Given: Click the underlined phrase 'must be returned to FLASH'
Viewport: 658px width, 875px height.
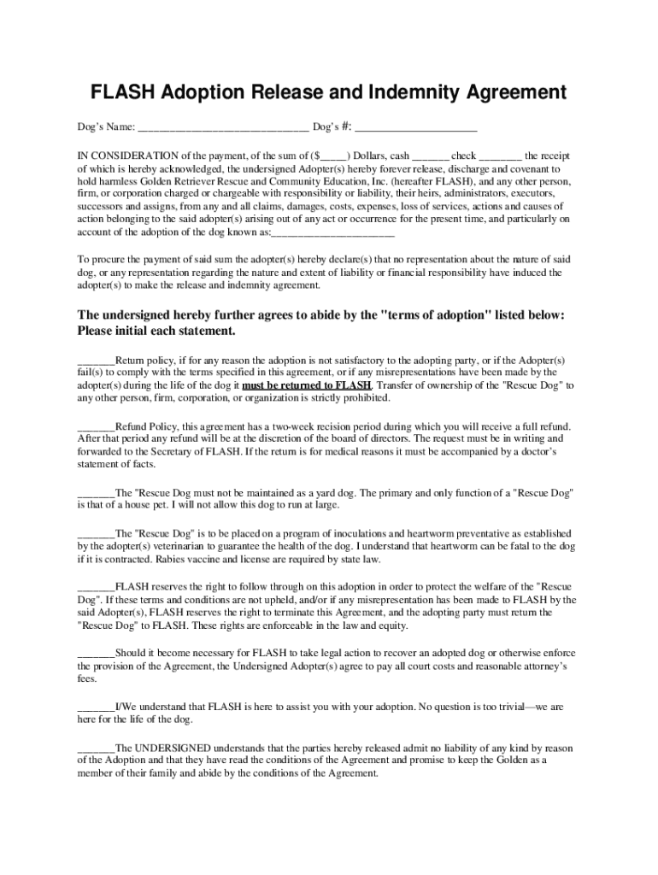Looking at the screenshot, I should pos(307,385).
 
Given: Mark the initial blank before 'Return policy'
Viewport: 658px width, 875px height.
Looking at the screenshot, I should pos(96,360).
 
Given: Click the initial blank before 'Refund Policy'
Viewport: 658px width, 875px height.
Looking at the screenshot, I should pos(96,426).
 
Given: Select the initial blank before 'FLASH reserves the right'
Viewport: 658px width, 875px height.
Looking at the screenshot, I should pos(96,587).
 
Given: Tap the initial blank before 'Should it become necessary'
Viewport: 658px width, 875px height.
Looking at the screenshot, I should pos(96,653).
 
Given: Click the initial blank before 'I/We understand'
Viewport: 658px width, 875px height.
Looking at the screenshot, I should pos(96,708).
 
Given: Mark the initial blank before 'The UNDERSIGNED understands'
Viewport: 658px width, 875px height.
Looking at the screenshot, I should pos(96,748).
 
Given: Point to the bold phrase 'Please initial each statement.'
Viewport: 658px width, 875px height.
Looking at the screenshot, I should pos(156,331).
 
